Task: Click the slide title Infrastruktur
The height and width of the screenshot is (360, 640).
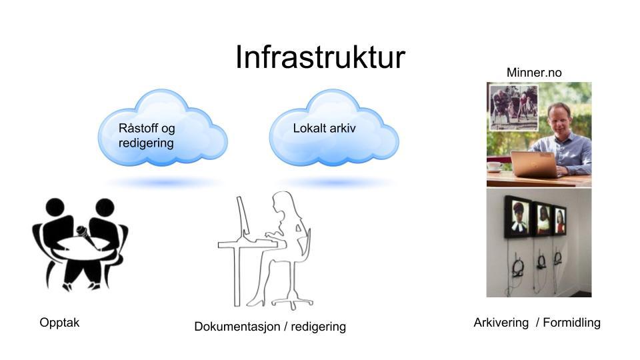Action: pos(320,57)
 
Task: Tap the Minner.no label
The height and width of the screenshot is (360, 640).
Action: pos(534,73)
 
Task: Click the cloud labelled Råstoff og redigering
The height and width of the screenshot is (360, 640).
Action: pos(163,128)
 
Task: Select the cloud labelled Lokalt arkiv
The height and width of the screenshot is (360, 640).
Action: pos(334,128)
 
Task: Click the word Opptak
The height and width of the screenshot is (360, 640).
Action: pos(59,323)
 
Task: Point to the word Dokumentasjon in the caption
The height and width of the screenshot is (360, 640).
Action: pos(237,327)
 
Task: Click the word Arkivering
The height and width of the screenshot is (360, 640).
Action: pos(501,323)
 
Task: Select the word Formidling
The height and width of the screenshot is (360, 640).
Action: pos(571,323)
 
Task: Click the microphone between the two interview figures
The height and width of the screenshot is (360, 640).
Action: pos(87,236)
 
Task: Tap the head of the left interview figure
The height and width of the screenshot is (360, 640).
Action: pos(55,207)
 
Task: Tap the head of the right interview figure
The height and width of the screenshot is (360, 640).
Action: pos(105,207)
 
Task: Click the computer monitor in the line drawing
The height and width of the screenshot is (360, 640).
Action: pos(243,216)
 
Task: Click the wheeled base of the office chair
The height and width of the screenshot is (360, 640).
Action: pos(292,303)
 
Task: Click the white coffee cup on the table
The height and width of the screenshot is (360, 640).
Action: pos(494,166)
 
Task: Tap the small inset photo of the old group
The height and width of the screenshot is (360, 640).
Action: pos(513,107)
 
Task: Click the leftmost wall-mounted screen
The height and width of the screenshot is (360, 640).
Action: pos(518,217)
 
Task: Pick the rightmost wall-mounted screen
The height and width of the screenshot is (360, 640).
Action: pos(559,221)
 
